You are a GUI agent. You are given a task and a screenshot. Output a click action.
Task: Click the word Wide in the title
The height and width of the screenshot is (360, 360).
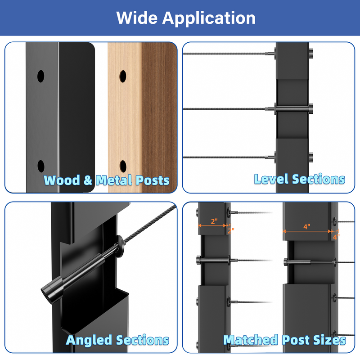tap(137, 18)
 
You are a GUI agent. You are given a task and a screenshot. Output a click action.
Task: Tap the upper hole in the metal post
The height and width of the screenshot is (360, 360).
tap(41, 76)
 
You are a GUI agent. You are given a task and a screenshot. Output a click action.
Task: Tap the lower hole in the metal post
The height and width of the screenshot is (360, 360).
tap(41, 166)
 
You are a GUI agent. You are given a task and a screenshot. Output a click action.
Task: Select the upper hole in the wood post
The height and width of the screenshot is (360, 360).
tap(123, 76)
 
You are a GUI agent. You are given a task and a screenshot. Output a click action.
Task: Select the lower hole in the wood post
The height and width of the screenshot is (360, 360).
tap(123, 166)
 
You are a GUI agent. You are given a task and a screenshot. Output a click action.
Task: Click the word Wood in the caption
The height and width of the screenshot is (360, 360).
tap(62, 180)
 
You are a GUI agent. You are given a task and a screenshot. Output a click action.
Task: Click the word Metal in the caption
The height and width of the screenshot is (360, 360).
tap(114, 180)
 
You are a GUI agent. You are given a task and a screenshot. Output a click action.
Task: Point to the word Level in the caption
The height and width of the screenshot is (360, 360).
tap(271, 179)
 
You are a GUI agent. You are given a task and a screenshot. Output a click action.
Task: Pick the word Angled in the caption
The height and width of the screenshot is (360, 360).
tap(89, 340)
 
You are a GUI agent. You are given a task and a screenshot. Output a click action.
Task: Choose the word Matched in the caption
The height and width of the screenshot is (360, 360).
tap(251, 340)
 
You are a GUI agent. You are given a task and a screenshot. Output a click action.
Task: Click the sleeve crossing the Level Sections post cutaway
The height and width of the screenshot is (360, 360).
tap(292, 109)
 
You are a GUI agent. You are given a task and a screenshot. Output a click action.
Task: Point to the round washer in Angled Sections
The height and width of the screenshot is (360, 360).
tap(120, 246)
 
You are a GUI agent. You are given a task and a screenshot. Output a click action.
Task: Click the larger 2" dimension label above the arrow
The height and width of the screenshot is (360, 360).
tap(214, 221)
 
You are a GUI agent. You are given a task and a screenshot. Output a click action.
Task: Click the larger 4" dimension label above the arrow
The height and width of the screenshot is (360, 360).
tap(307, 227)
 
